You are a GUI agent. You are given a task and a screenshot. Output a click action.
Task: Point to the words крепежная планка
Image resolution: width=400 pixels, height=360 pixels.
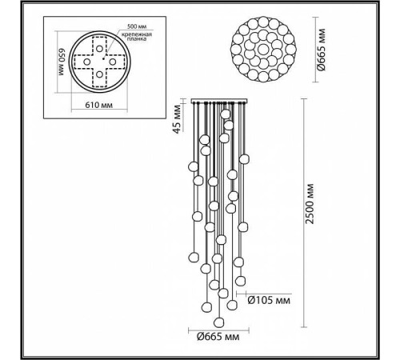134,35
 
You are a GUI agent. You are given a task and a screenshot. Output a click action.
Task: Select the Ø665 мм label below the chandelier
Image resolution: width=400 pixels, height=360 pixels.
218,337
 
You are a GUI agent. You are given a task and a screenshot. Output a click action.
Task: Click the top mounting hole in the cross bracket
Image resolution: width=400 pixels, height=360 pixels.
99,44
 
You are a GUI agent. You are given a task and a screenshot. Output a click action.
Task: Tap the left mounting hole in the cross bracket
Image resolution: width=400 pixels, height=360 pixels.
82,62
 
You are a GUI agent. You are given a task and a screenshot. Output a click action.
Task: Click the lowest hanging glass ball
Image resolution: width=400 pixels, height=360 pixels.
220,321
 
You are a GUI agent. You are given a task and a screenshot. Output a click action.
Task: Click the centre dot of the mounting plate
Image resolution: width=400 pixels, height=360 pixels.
99,62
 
